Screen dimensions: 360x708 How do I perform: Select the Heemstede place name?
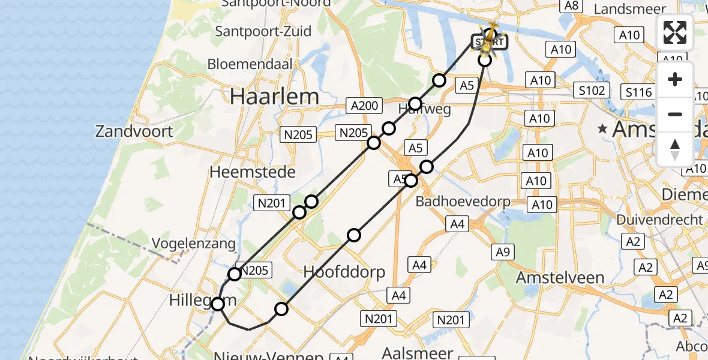[x=252, y=172]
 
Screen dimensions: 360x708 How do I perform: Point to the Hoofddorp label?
[x=344, y=272]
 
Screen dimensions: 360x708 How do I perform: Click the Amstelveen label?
[x=560, y=278]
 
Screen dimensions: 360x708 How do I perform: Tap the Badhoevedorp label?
[x=463, y=202]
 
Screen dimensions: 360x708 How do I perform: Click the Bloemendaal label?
[x=250, y=64]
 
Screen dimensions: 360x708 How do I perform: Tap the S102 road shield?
[x=592, y=91]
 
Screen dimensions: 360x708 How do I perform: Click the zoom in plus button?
[x=675, y=80]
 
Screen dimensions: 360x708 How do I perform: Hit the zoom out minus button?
[x=675, y=114]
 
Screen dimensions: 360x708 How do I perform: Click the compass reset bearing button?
[x=675, y=149]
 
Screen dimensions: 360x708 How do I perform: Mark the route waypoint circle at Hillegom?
[x=218, y=304]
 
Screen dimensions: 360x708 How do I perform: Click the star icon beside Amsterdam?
[x=602, y=129]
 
